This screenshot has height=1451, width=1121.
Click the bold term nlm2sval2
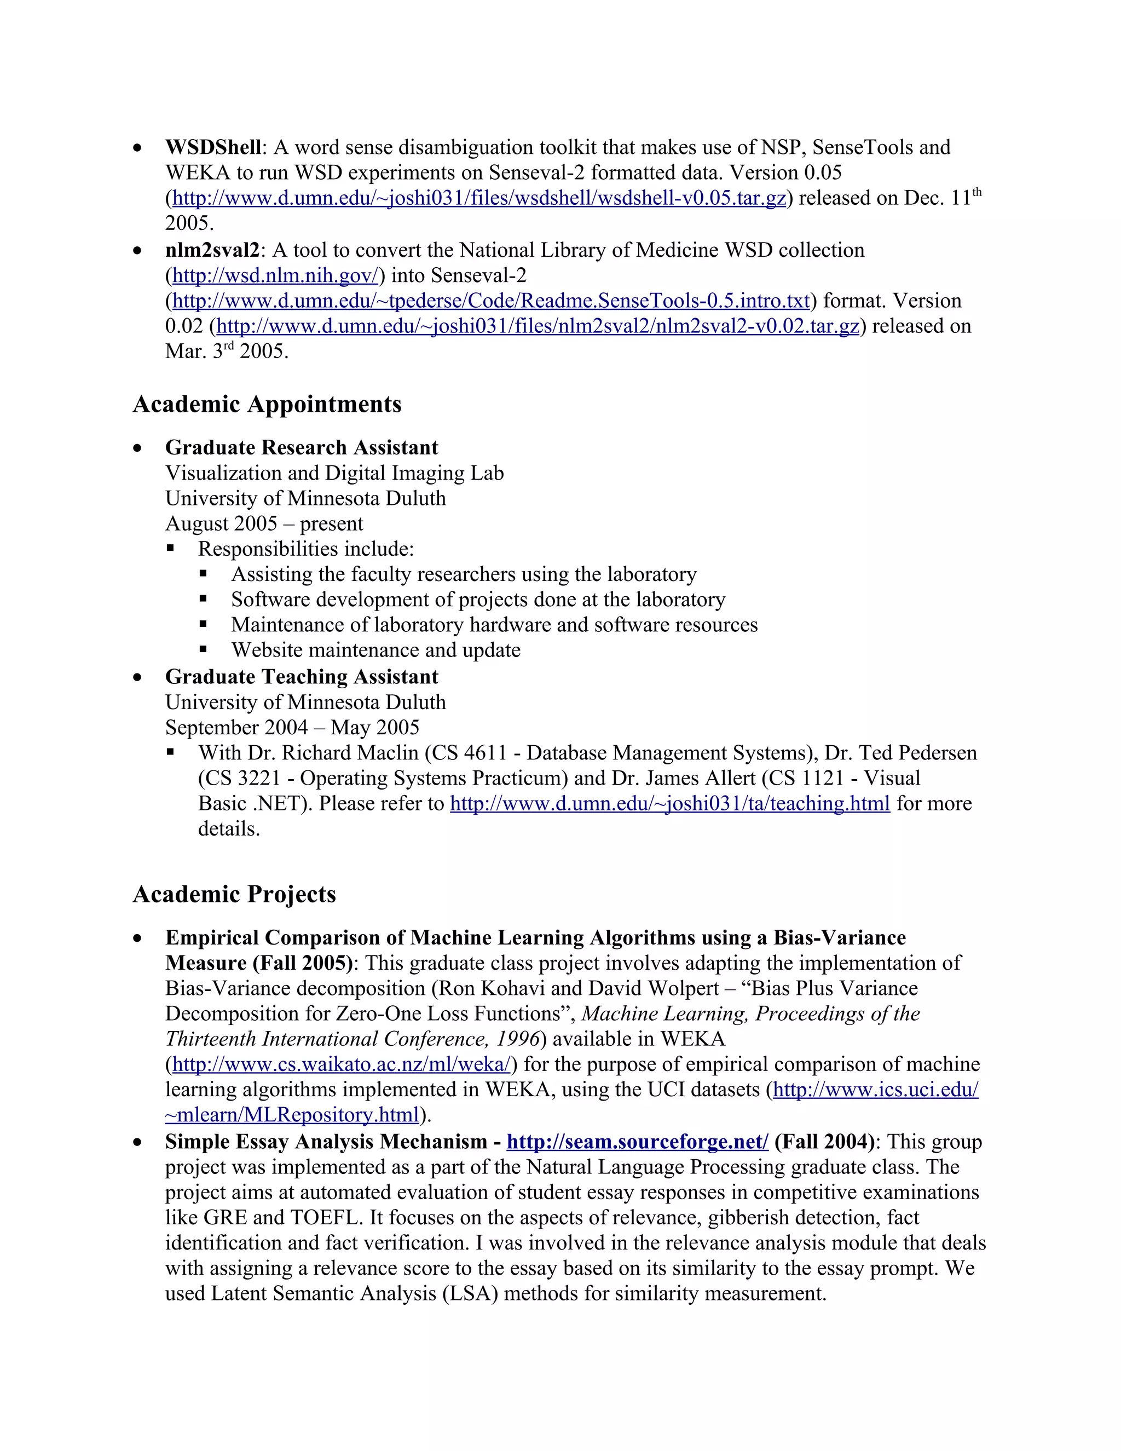tap(212, 250)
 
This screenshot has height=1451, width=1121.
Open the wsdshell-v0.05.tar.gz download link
tap(479, 198)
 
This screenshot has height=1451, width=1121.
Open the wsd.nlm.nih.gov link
tap(275, 275)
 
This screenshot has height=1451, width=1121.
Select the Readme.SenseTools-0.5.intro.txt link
tap(491, 301)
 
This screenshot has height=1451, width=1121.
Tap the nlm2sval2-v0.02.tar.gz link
tap(538, 326)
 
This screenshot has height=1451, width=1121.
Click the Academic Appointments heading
tap(267, 404)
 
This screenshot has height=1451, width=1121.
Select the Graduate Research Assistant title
tap(302, 448)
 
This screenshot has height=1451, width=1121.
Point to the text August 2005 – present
tap(264, 523)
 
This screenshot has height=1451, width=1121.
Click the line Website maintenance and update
tap(375, 650)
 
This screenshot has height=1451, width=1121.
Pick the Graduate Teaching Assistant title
tap(302, 677)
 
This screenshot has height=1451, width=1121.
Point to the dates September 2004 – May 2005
tap(292, 728)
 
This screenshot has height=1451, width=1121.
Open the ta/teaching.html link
tap(669, 804)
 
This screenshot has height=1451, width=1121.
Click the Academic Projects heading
tap(234, 894)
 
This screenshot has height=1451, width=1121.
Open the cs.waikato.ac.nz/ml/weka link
tap(342, 1064)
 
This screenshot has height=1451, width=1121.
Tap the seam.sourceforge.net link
tap(637, 1142)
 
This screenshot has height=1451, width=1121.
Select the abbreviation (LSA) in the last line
tap(470, 1293)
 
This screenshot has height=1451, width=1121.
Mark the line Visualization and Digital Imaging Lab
tap(334, 473)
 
